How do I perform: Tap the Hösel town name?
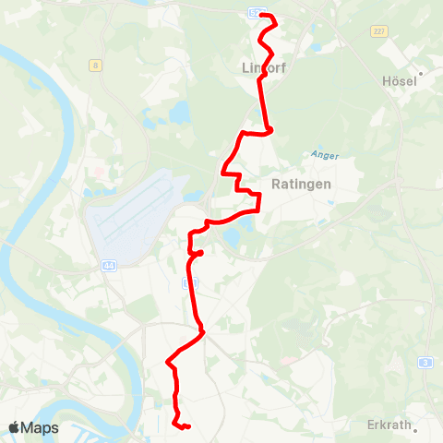[399, 81]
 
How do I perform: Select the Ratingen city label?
[302, 184]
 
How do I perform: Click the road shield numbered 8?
[95, 65]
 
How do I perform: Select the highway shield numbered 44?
[109, 266]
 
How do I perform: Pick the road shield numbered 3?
[424, 362]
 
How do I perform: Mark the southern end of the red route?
[187, 426]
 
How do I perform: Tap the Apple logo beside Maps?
[14, 427]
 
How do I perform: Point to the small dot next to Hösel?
[421, 72]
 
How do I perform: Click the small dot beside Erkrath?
[415, 429]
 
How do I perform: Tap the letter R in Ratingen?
[277, 184]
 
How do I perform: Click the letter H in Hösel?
[386, 81]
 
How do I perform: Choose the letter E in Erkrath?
[371, 425]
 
